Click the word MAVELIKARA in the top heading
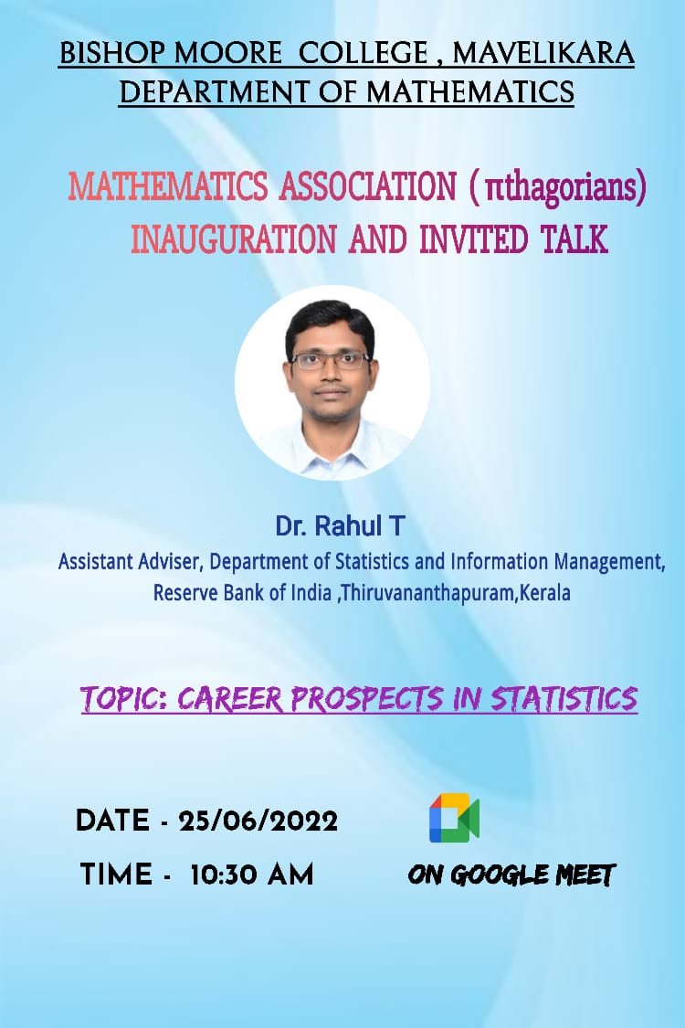click(543, 53)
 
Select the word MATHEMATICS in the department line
click(470, 91)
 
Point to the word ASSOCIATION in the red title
click(368, 186)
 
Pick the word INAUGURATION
click(234, 238)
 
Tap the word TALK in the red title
click(574, 238)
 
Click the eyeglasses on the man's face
click(331, 360)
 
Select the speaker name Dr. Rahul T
click(340, 525)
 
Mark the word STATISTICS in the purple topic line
click(564, 699)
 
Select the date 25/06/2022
click(258, 821)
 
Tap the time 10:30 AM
click(252, 875)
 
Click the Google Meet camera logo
click(454, 818)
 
